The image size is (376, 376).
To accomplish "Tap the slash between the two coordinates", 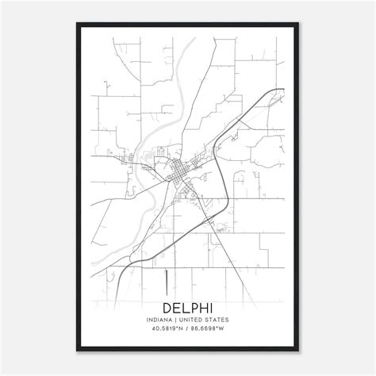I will pyautogui.click(x=188, y=329).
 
